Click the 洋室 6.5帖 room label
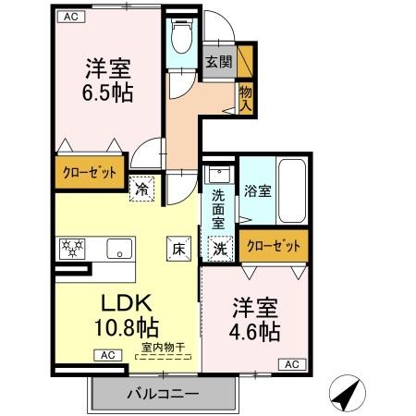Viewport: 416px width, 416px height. pos(108,81)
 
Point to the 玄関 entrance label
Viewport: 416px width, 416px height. pos(218,63)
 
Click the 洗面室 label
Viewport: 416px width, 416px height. pos(218,209)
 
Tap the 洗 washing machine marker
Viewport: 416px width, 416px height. pos(219,248)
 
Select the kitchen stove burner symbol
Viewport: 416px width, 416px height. pos(72,248)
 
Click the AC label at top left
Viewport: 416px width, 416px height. pos(69,16)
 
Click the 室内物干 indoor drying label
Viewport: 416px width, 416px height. pos(163,348)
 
